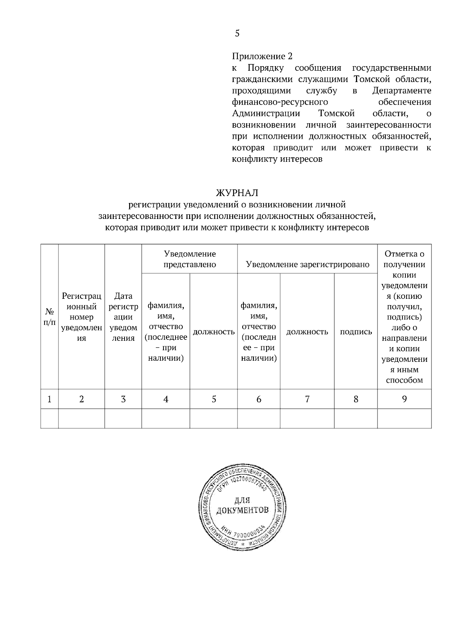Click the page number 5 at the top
(237, 33)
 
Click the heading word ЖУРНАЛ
(237, 193)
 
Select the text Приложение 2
(262, 57)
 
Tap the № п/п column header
(49, 317)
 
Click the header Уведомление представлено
(190, 259)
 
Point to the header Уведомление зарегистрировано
(307, 264)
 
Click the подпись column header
(356, 332)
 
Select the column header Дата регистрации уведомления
(123, 317)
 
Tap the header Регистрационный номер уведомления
(82, 317)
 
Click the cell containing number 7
(307, 399)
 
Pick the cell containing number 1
(49, 399)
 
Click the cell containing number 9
(404, 399)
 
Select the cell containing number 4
(165, 399)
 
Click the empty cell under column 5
(213, 418)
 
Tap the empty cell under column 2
(82, 418)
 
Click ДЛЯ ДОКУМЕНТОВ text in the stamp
(242, 506)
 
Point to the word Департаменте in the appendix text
(402, 91)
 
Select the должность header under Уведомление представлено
(213, 332)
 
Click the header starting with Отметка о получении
(404, 317)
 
